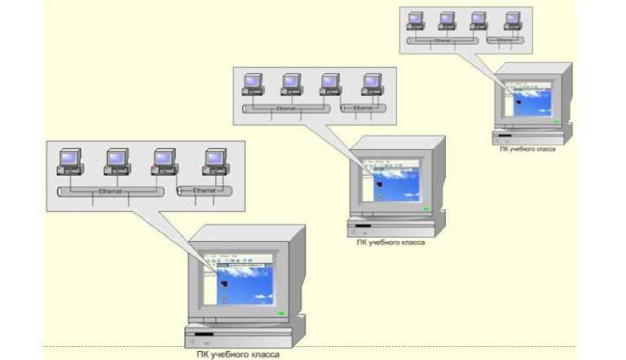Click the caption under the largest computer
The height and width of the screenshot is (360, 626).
tap(239, 353)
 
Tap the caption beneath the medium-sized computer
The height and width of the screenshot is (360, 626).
tap(390, 242)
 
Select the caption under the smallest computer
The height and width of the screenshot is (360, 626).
tap(527, 149)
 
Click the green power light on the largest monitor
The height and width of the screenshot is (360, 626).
tap(281, 313)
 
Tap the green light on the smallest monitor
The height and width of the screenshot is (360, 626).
tap(556, 123)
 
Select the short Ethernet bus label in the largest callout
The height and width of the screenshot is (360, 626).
tap(204, 191)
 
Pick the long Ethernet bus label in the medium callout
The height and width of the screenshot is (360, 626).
tap(285, 108)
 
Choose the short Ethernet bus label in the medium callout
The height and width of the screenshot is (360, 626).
tap(363, 108)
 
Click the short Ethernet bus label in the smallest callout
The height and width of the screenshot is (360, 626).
tap(506, 38)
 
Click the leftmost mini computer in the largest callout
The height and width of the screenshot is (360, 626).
tap(68, 161)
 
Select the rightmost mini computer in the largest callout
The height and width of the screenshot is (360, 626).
tap(214, 161)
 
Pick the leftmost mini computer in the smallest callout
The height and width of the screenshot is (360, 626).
tap(416, 20)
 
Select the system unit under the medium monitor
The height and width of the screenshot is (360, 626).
tap(396, 227)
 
